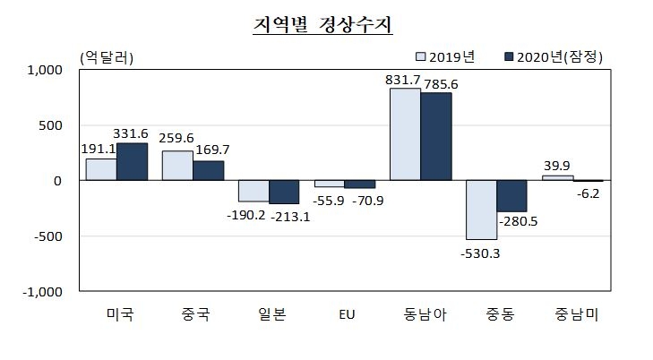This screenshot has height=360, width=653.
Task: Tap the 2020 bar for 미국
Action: click(132, 162)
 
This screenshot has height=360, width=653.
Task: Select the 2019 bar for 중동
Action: click(481, 210)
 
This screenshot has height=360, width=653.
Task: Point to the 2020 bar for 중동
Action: click(511, 196)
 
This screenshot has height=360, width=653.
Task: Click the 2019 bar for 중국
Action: click(177, 166)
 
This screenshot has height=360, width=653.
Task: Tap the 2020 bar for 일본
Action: click(284, 192)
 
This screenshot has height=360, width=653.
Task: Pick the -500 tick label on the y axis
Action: click(47, 236)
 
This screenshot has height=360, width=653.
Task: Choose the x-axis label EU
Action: click(345, 313)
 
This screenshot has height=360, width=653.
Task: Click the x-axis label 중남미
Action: click(573, 313)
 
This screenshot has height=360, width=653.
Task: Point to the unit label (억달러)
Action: click(107, 57)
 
